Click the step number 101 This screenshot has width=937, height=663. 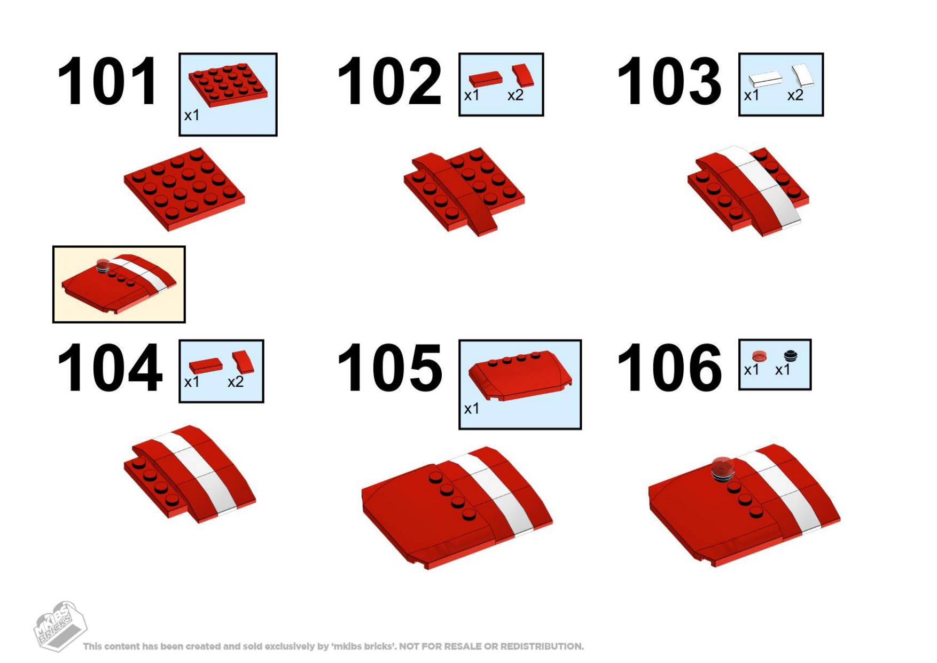(107, 82)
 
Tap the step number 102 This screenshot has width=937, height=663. (389, 82)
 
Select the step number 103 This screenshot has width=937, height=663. (669, 82)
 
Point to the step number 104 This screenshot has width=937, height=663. (110, 368)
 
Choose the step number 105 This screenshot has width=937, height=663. (389, 368)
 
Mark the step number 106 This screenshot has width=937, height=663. (669, 368)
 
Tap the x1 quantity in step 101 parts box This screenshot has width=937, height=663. (192, 115)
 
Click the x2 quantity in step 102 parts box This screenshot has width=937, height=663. (516, 96)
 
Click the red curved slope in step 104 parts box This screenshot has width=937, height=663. (244, 362)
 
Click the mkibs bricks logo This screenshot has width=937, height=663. (60, 626)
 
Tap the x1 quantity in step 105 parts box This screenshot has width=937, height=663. (472, 409)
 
